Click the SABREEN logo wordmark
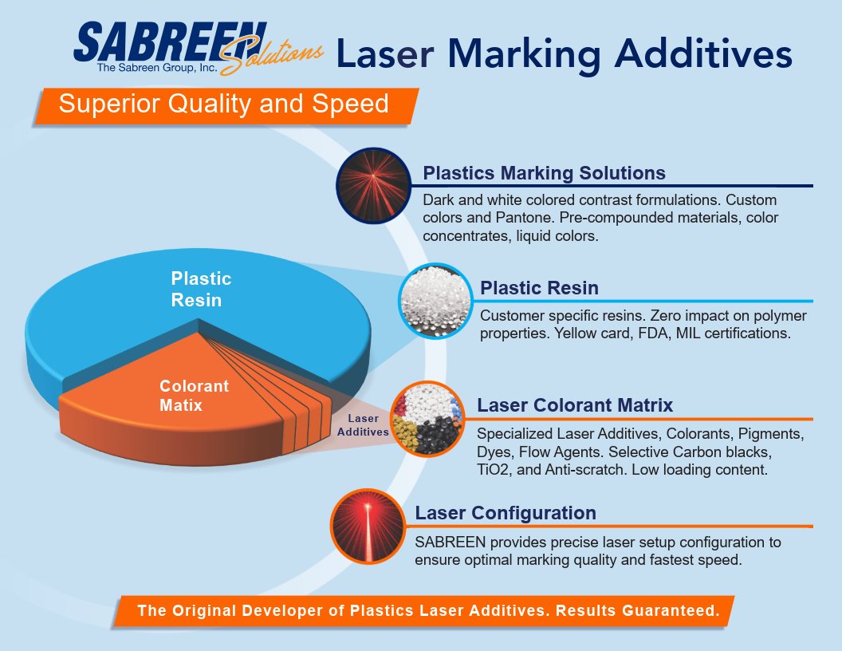click(170, 42)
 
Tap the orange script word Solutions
click(272, 56)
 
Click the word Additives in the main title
click(703, 54)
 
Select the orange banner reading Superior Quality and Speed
click(226, 106)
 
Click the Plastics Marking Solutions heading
click(544, 173)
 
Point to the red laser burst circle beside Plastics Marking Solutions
click(373, 185)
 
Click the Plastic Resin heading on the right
click(539, 288)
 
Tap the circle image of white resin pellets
click(435, 301)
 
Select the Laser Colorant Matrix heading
click(575, 405)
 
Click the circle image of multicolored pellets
click(427, 419)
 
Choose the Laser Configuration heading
click(506, 513)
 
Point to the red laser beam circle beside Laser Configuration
click(368, 527)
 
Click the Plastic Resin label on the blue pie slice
click(201, 289)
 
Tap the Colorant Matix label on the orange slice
click(194, 396)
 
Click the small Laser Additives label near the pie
click(363, 425)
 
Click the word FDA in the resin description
click(653, 333)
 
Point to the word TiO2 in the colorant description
click(493, 470)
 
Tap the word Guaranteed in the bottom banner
click(671, 611)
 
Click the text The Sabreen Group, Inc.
click(157, 68)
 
